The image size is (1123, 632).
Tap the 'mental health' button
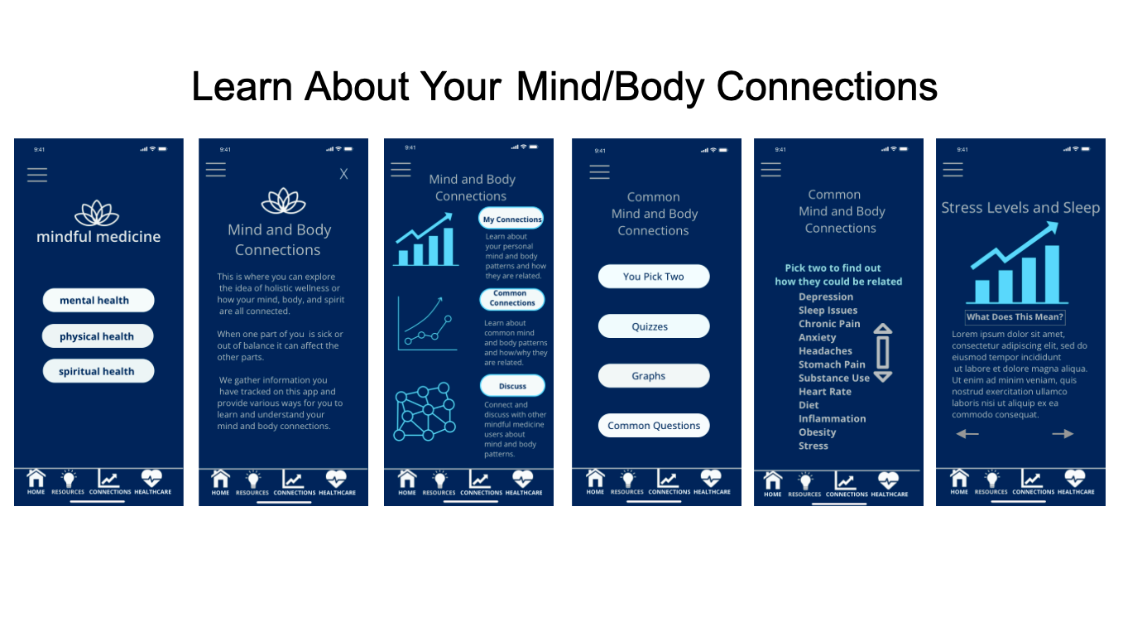[98, 300]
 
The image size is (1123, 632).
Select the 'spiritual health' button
[98, 371]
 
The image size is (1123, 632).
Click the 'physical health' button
[98, 336]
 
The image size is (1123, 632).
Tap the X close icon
[343, 174]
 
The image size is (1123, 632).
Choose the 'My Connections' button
[511, 220]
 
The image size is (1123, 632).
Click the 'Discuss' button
[512, 386]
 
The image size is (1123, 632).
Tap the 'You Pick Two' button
[653, 277]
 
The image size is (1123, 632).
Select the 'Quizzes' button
[653, 326]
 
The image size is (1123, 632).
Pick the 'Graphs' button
[653, 376]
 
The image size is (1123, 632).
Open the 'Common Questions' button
[653, 426]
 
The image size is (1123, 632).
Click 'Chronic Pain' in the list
[829, 324]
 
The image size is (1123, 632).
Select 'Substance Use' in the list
[833, 378]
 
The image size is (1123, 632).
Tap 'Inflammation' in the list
[832, 419]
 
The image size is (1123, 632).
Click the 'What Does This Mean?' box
[1015, 317]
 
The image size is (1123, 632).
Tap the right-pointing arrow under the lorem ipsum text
[1063, 434]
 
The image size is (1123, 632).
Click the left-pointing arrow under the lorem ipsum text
[967, 434]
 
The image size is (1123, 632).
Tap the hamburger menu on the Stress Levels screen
[953, 170]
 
